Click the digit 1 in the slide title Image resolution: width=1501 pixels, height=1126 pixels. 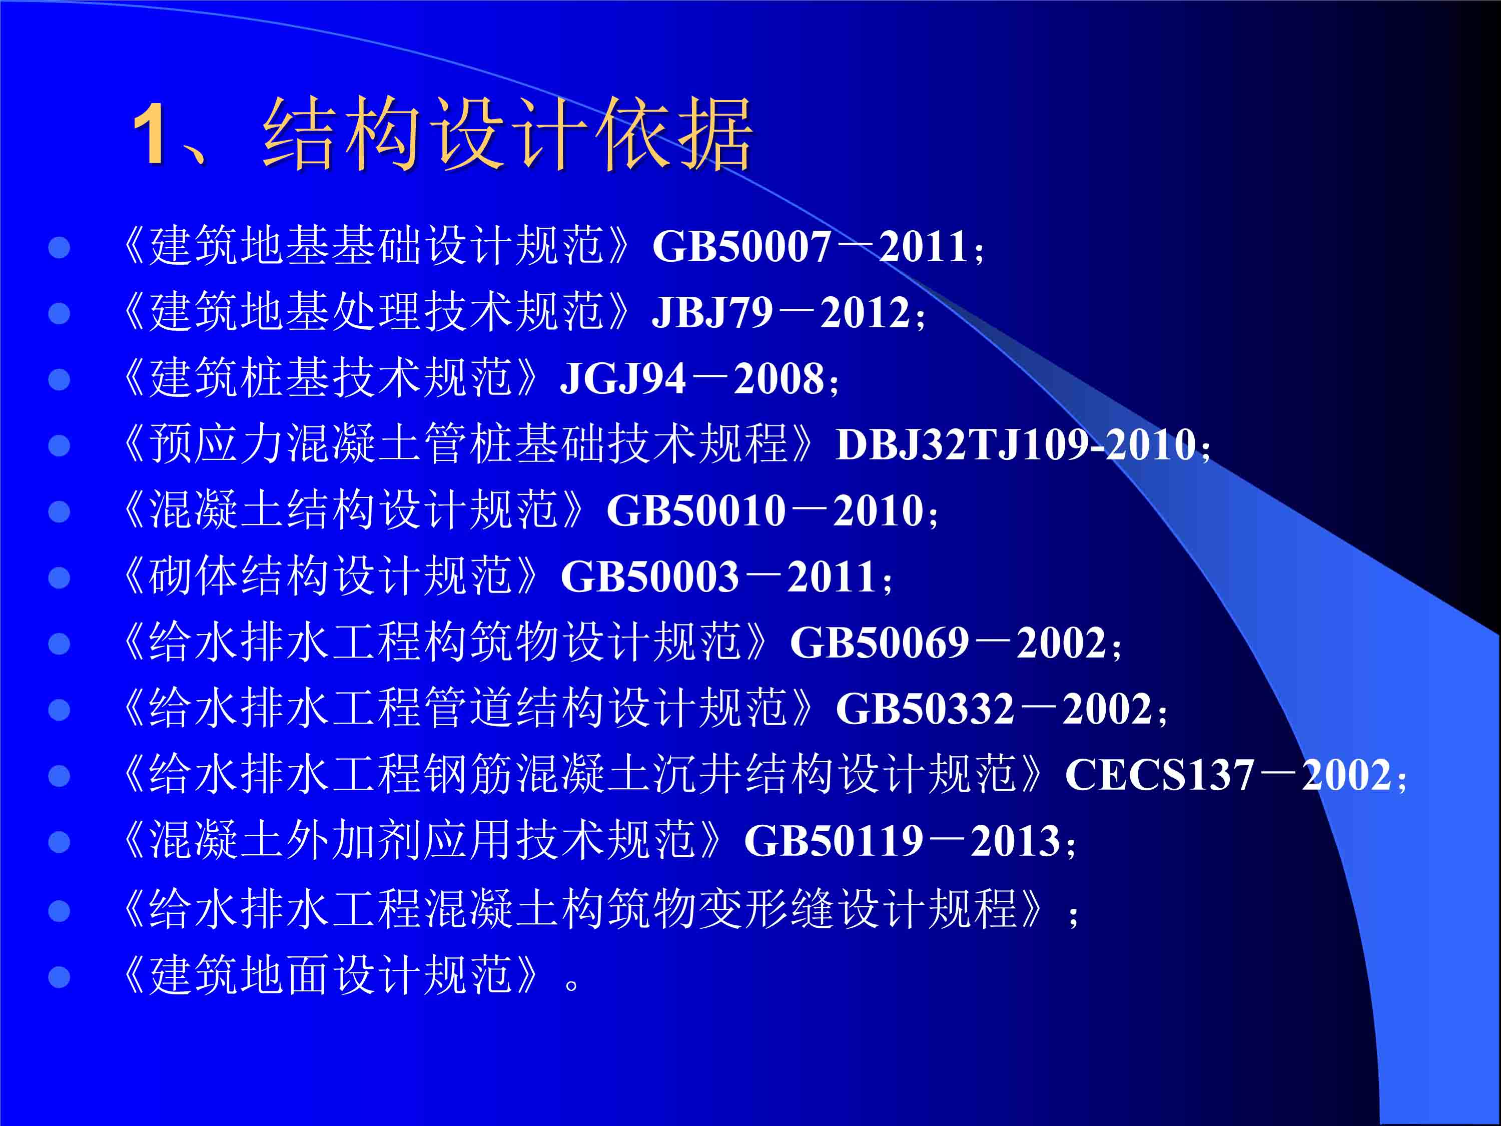click(148, 134)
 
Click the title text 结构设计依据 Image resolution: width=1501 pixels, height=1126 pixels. click(507, 133)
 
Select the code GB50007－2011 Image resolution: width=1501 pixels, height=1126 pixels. click(810, 246)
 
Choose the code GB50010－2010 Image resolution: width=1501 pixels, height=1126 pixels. click(765, 510)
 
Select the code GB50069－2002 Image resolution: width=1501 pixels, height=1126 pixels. click(948, 643)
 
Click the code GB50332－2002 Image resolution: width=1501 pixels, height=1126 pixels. click(994, 709)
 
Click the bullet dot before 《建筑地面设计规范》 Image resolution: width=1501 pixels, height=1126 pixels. click(60, 977)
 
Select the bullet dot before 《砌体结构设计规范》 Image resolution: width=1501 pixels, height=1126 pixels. click(60, 578)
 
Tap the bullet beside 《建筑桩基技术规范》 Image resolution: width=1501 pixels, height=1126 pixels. click(60, 379)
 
